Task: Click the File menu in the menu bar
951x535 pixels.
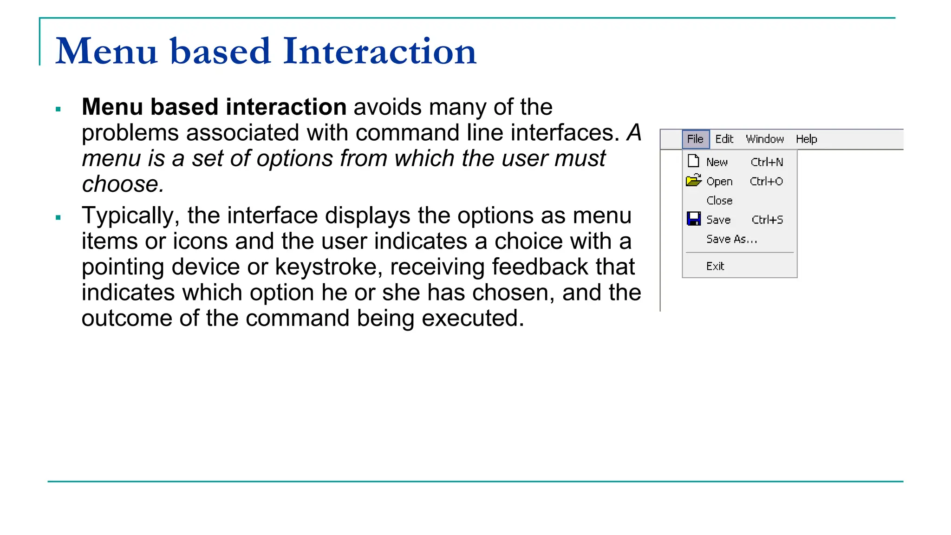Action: click(x=695, y=139)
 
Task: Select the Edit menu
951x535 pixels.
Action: click(x=724, y=139)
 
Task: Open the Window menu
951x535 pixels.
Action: click(x=764, y=139)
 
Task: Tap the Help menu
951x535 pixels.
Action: click(x=806, y=139)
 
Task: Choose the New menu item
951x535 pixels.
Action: click(x=717, y=162)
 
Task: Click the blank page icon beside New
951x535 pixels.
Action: click(x=693, y=161)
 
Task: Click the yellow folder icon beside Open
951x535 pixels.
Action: click(x=694, y=181)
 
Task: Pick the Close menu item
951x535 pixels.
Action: click(x=719, y=201)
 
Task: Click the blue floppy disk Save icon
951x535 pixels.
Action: click(x=694, y=219)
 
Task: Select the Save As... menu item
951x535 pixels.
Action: click(x=731, y=239)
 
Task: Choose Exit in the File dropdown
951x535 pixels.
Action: click(x=715, y=266)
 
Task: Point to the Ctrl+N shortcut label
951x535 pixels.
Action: click(x=767, y=162)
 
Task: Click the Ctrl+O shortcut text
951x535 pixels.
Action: click(x=766, y=182)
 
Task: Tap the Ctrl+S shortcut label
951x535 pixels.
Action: click(x=767, y=220)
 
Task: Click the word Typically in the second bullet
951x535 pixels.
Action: click(x=130, y=216)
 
